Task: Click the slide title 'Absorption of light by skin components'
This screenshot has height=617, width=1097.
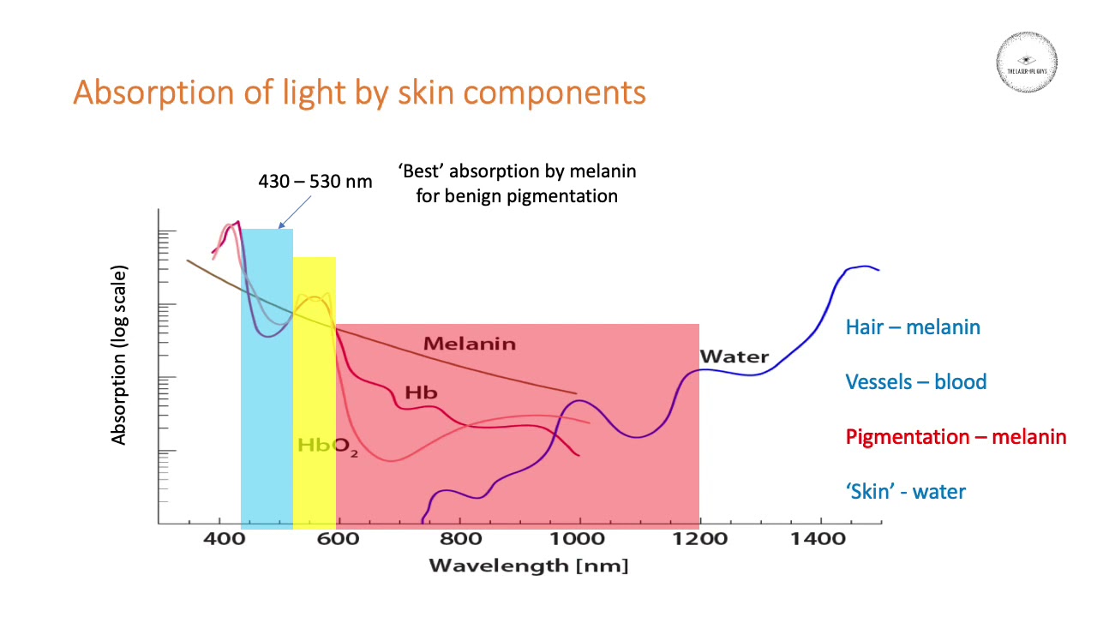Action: pos(359,93)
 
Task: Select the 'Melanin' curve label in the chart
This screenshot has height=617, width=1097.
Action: pos(470,344)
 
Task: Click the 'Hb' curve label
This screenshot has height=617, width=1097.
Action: pos(421,393)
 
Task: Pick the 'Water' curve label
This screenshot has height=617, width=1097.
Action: pos(734,356)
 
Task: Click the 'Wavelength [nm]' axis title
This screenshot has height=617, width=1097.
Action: pos(528,566)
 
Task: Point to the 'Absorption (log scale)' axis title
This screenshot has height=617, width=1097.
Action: pos(119,355)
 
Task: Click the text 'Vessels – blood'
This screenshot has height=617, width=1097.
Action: pos(916,381)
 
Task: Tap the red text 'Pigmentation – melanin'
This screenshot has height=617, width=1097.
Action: pos(956,436)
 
